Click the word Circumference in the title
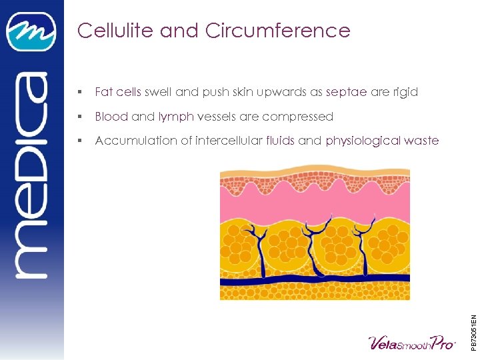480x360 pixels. [x=278, y=31]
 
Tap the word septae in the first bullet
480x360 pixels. [x=346, y=92]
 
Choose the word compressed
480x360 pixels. [x=297, y=117]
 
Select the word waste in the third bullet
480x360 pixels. [x=422, y=141]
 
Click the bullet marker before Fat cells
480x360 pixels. [x=80, y=92]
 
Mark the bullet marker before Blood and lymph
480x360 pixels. [x=80, y=117]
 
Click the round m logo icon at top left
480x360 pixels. [x=31, y=31]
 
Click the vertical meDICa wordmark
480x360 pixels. [x=31, y=173]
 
